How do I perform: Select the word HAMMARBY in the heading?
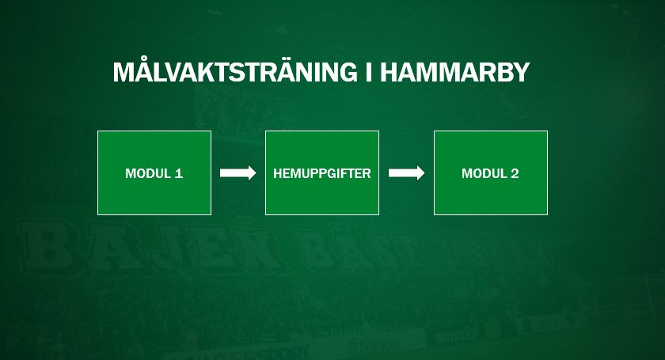[455, 73]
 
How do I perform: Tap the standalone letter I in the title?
[369, 73]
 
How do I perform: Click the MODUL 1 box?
[154, 173]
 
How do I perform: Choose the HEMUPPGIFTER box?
[322, 173]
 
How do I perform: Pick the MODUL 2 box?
[491, 173]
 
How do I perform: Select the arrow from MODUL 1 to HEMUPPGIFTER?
[238, 173]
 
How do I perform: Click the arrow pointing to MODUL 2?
[407, 173]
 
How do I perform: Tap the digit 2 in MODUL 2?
[515, 173]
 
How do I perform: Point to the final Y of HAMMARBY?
[521, 73]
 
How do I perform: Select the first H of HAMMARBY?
[389, 73]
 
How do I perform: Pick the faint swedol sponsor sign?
[458, 335]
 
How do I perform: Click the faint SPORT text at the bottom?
[288, 353]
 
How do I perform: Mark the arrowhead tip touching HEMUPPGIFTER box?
[256, 173]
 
